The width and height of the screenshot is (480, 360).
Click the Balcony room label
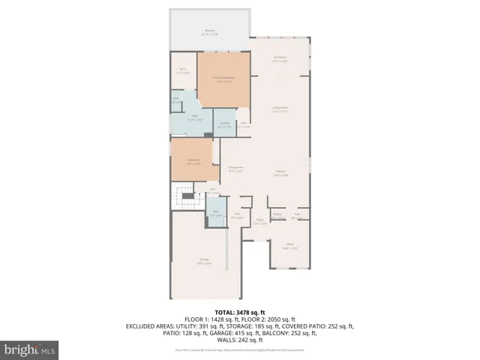(x=211, y=32)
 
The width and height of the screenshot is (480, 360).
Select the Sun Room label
(x=280, y=61)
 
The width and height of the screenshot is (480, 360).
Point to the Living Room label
(x=280, y=109)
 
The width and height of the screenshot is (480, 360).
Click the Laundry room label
(x=223, y=125)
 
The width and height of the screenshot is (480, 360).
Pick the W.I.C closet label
(x=184, y=71)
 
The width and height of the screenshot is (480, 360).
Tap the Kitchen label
(x=280, y=172)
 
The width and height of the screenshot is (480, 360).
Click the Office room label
(x=289, y=246)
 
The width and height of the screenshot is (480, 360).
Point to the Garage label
(x=204, y=262)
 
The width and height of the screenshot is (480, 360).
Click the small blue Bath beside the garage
(x=214, y=213)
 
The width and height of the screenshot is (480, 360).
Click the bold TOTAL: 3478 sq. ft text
(x=240, y=312)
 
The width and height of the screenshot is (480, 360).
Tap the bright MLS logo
(x=31, y=349)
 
